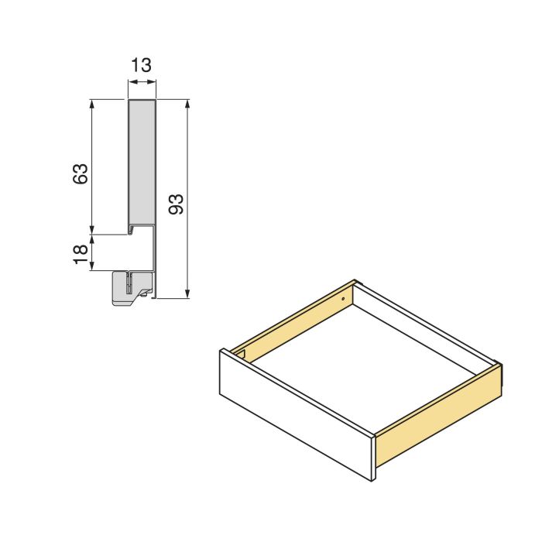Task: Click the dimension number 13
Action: (141, 65)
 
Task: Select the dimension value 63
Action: (81, 173)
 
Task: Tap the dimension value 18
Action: (81, 253)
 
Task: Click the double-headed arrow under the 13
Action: (141, 87)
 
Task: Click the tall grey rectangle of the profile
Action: (141, 163)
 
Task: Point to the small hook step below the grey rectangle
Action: (136, 229)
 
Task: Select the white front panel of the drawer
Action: (294, 414)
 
